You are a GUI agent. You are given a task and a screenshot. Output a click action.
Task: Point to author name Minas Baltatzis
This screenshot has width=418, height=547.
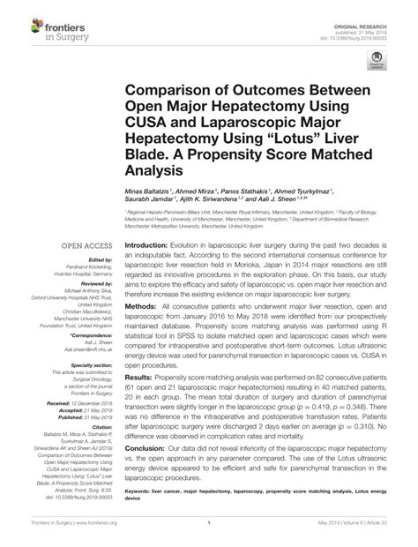coord(149,191)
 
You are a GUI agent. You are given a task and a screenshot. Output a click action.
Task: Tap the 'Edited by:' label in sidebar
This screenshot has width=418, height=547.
coord(73,260)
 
